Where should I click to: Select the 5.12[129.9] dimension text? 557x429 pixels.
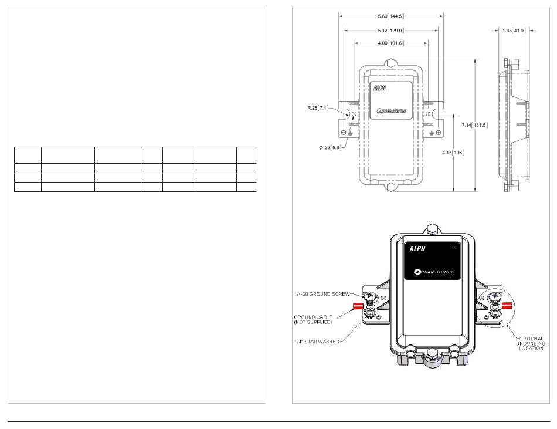tap(390, 29)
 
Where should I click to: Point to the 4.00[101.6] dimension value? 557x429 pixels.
tap(390, 43)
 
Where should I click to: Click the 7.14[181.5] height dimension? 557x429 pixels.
tap(475, 125)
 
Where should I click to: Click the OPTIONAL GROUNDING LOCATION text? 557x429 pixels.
tap(531, 343)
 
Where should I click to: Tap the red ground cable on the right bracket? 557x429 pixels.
tap(508, 305)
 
